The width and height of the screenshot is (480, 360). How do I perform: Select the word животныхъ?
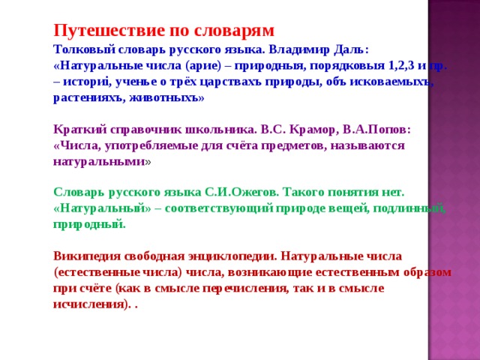point(170,98)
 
